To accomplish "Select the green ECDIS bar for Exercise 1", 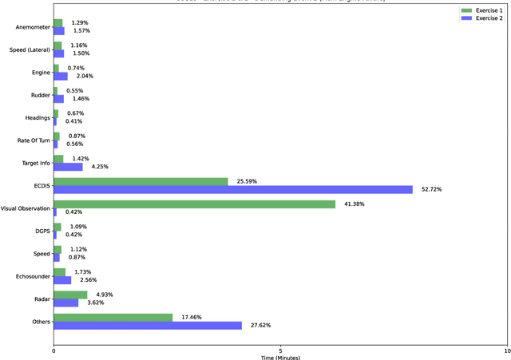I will pos(141,181).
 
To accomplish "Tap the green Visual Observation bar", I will pos(194,204).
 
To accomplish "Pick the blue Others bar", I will pos(148,325).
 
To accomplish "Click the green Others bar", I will pos(113,318).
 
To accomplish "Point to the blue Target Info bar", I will pos(68,167).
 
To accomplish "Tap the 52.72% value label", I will pos(431,189).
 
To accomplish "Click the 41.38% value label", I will pos(355,204).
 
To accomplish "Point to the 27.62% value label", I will pos(260,325).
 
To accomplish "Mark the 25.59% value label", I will pos(247,181).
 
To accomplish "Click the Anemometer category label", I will pos(32,27).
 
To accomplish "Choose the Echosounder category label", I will pos(32,276).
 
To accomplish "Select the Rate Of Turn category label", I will pos(33,140).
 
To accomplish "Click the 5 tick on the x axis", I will pos(280,350).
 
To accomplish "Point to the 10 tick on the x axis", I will pos(506,350).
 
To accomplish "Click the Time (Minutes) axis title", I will pos(280,357).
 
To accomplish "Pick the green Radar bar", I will pos(70,295).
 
